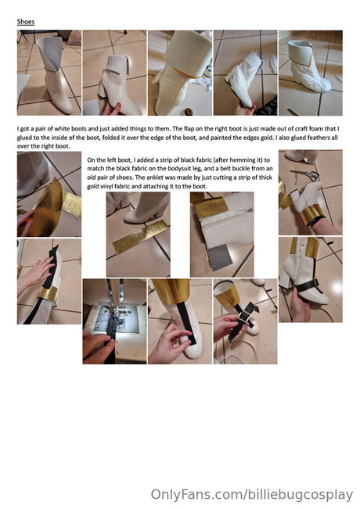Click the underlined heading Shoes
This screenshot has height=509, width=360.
pos(26,22)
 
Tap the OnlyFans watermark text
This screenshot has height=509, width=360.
pos(252,495)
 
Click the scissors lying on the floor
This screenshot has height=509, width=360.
pos(306,174)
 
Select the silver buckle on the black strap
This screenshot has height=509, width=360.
pos(243,317)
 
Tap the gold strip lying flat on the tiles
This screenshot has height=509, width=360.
pos(141,237)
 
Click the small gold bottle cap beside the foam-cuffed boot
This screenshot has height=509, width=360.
pos(188,111)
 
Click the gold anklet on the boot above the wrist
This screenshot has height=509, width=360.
pos(311,214)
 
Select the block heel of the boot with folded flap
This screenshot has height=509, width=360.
pos(102,88)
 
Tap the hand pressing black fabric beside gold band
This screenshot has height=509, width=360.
pos(35,274)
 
